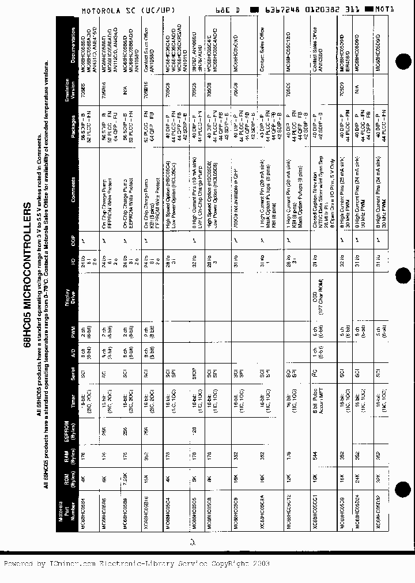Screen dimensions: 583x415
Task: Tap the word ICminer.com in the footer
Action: click(69, 563)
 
